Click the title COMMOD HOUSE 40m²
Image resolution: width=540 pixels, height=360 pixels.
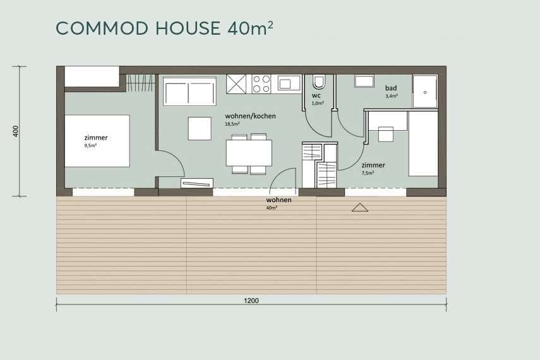point(164,28)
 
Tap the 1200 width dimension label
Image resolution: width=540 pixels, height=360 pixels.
point(251,301)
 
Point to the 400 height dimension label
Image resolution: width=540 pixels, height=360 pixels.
point(16,131)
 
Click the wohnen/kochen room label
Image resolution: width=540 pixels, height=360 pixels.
point(250,116)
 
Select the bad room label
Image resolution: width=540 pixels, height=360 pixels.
point(391,88)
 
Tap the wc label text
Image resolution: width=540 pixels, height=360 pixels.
point(316,96)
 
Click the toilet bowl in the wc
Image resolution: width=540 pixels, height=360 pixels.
point(318,82)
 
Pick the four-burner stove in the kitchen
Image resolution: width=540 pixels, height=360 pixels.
point(261,84)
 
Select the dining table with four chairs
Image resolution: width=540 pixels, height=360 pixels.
point(249,153)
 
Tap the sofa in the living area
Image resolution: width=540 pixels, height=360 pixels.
point(189,92)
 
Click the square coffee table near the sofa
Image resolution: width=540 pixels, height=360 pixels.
point(200,128)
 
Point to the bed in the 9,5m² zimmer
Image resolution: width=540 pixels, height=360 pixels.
point(97,141)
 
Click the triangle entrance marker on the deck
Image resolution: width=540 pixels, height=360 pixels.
point(360,207)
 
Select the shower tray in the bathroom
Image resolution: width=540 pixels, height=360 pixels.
point(425,92)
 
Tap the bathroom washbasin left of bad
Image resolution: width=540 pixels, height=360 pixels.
point(364,81)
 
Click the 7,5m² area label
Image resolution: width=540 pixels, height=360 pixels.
point(368,173)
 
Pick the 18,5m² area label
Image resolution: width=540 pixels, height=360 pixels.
point(232,124)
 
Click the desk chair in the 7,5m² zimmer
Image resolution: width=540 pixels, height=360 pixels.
point(386,135)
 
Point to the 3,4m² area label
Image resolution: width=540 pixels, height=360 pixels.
point(392,96)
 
